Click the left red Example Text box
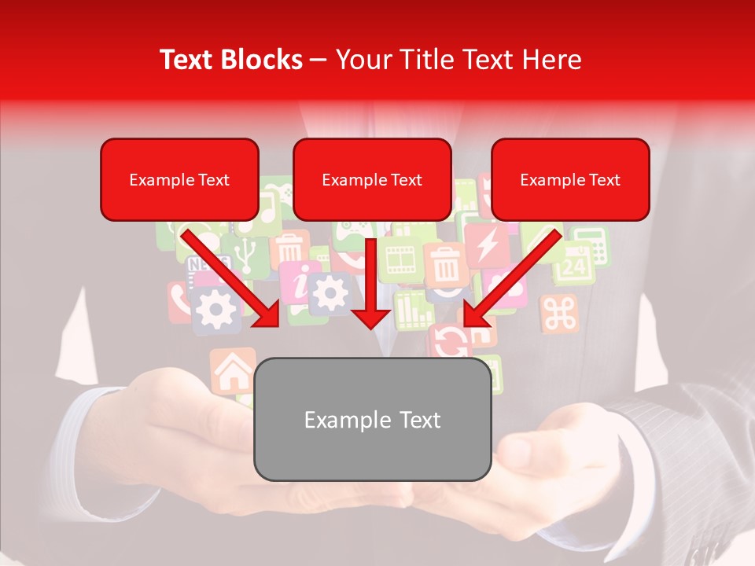pos(179,179)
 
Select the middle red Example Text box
pos(372,179)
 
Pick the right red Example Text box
pos(570,179)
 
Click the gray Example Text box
pos(372,419)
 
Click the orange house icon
pos(232,370)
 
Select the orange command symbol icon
pos(559,314)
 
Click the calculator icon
pos(591,245)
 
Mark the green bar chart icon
pos(412,309)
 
